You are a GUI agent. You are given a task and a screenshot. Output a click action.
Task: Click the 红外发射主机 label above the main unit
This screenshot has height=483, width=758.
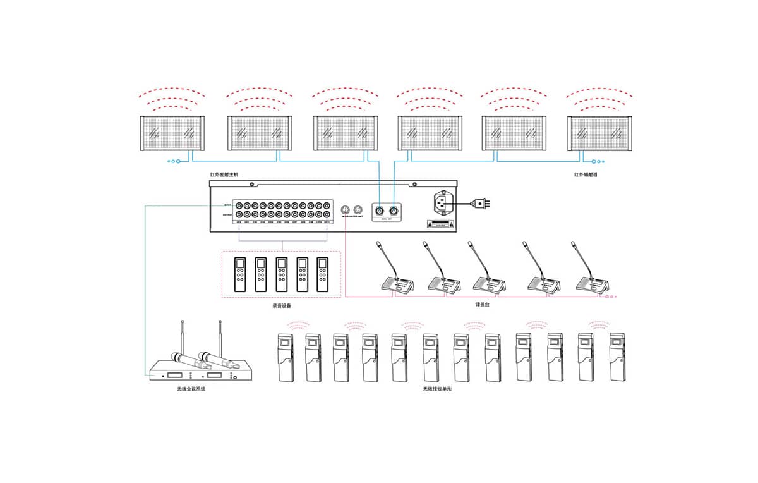pyautogui.click(x=224, y=174)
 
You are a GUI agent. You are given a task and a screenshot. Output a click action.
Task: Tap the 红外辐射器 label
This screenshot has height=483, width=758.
pyautogui.click(x=586, y=174)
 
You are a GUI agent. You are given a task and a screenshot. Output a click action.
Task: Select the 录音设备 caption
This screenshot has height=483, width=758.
pyautogui.click(x=280, y=305)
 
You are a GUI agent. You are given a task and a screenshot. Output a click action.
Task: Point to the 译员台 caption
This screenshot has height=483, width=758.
pyautogui.click(x=483, y=305)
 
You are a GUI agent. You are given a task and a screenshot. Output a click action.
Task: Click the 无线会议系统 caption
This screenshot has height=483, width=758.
pyautogui.click(x=191, y=389)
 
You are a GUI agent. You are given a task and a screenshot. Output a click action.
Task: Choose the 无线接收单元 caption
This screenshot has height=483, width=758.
pyautogui.click(x=438, y=389)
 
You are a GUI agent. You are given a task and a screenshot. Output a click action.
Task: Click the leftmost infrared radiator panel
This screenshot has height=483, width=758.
pyautogui.click(x=171, y=133)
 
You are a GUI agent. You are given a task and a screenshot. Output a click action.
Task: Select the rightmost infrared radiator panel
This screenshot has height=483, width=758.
pyautogui.click(x=599, y=133)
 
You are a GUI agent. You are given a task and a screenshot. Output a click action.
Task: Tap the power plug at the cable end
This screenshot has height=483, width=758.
pyautogui.click(x=483, y=204)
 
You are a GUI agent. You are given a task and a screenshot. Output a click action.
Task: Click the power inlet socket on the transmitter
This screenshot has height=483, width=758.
pyautogui.click(x=443, y=203)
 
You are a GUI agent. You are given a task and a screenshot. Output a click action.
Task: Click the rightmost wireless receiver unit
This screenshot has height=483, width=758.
pyautogui.click(x=617, y=357)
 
